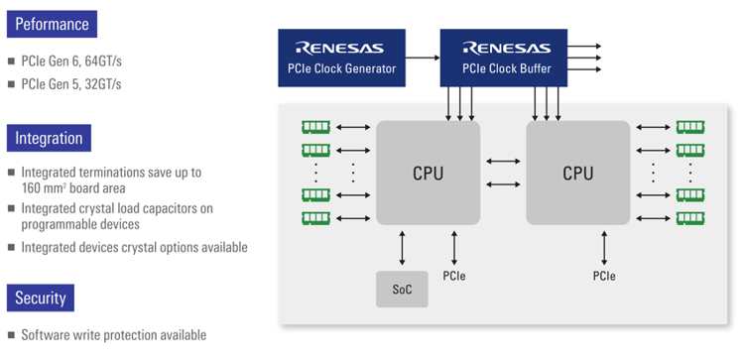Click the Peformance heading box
point(50,23)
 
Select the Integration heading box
point(49,137)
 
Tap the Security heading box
point(40,298)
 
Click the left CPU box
point(428,173)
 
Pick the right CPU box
point(577,173)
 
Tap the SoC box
point(402,289)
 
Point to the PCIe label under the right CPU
point(603,275)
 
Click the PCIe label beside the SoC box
point(454,275)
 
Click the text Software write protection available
point(113,335)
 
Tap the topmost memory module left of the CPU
point(315,127)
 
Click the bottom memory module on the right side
point(689,217)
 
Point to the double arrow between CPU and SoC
point(402,246)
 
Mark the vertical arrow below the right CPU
point(603,246)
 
